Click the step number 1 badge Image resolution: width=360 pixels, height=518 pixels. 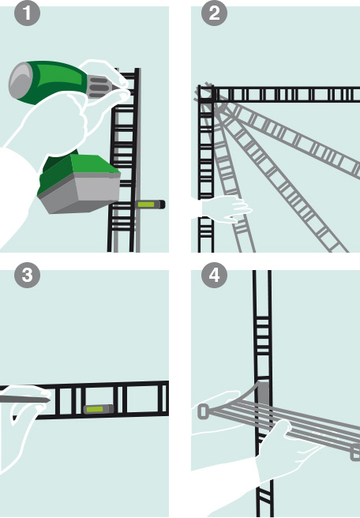(27, 13)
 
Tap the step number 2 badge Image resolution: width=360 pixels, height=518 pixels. (215, 13)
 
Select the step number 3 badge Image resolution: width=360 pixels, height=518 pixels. (27, 275)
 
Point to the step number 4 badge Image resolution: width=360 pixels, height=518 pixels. (215, 275)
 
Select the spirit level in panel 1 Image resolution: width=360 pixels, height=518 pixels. (151, 205)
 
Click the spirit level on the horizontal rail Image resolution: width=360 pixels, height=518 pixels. (99, 409)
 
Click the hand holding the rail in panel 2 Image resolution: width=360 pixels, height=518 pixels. (227, 208)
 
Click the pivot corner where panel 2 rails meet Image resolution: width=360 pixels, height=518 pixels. (206, 95)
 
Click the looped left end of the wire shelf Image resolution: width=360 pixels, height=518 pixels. (204, 412)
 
